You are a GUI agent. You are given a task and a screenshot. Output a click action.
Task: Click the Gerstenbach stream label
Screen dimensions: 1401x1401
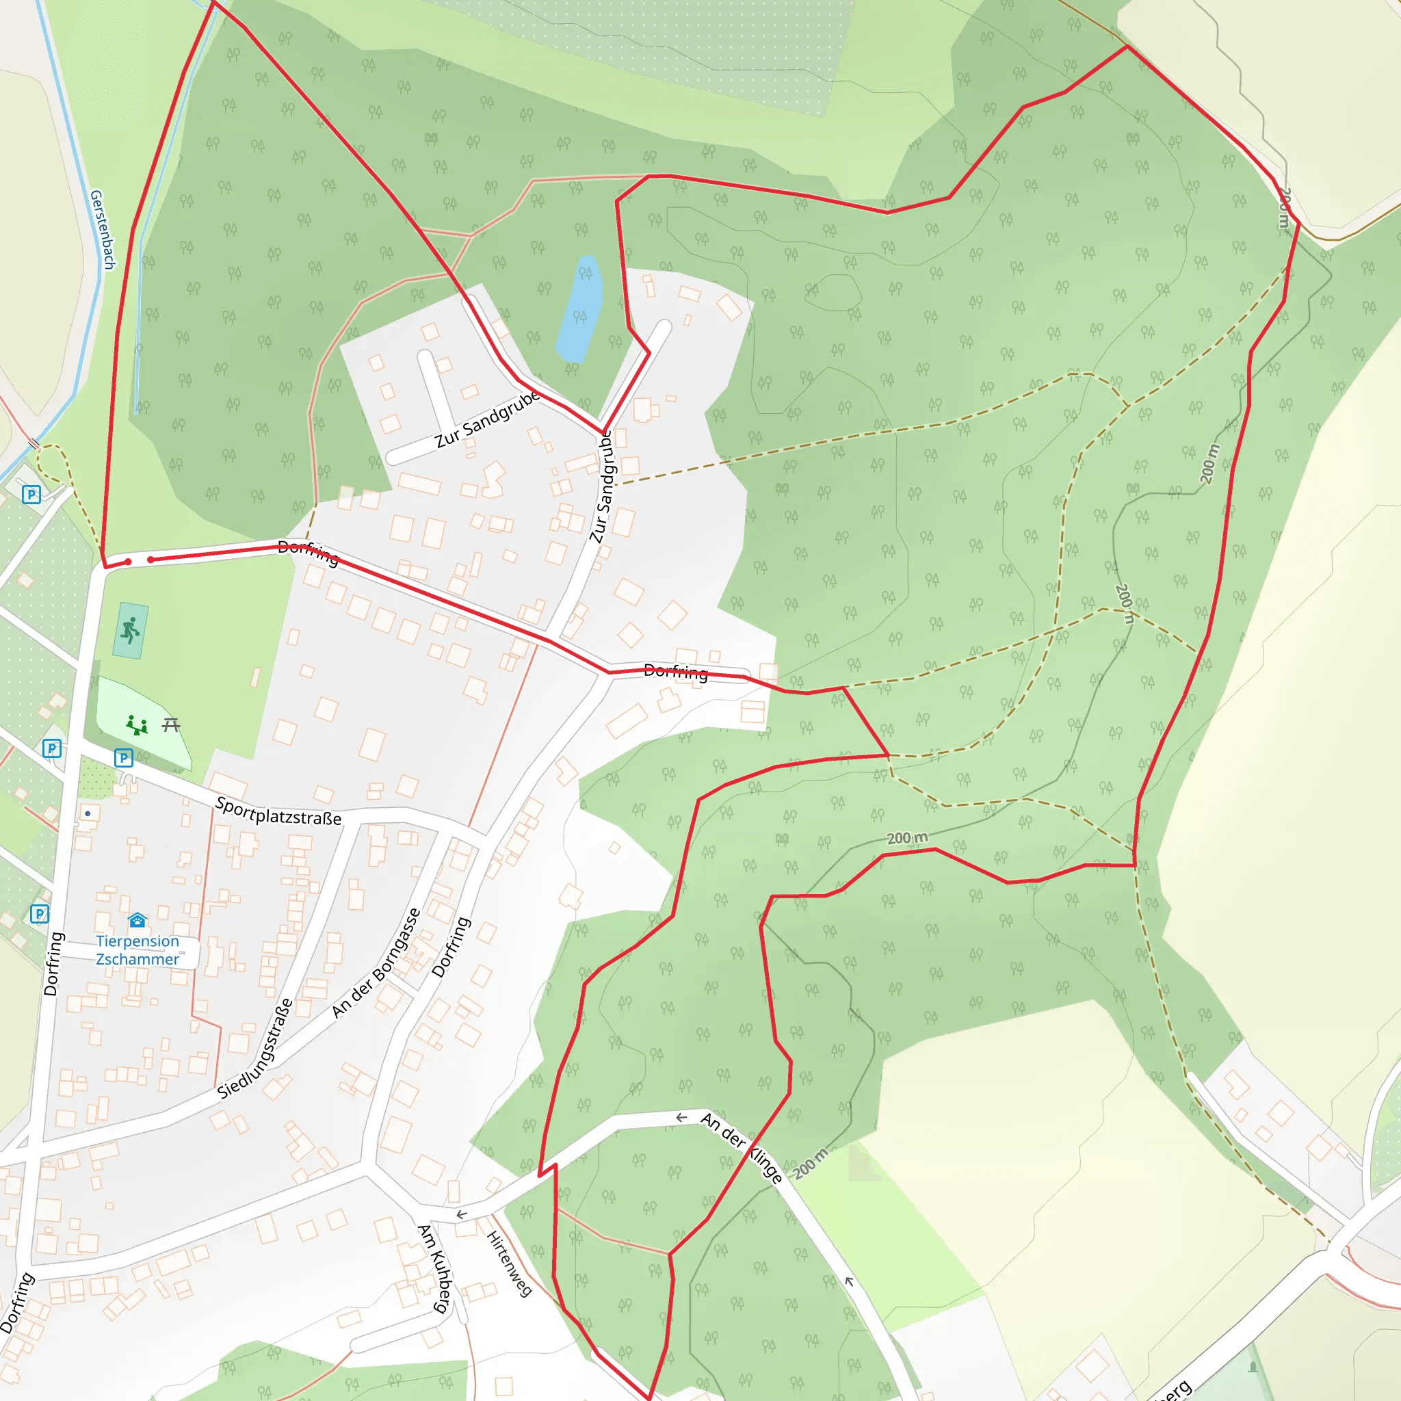point(102,229)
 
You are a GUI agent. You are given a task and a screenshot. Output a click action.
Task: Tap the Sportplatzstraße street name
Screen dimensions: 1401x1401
point(278,811)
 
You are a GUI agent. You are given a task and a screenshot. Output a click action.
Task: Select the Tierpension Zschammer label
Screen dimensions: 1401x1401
point(137,950)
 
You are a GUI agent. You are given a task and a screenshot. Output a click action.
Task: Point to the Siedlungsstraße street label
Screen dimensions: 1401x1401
point(255,1049)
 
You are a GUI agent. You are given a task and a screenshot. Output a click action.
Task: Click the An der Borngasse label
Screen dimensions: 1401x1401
point(376,963)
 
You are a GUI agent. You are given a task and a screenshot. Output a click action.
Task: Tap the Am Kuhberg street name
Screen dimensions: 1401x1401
point(435,1268)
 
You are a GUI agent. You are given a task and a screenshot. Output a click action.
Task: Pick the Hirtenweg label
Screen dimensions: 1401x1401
point(509,1263)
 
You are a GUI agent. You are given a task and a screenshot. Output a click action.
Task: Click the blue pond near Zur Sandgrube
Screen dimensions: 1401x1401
point(580,309)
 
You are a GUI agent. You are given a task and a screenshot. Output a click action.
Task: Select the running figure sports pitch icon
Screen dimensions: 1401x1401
point(131,631)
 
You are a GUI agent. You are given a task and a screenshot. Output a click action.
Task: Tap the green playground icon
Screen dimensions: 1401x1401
point(136,724)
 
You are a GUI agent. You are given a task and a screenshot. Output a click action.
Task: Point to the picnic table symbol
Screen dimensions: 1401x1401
point(171,724)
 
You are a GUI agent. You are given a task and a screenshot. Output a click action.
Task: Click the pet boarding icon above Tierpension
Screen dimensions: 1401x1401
point(137,921)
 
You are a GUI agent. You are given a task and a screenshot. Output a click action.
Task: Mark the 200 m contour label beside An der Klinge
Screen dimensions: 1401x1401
point(809,1164)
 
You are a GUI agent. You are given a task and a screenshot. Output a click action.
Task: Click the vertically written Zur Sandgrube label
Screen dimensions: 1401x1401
point(602,486)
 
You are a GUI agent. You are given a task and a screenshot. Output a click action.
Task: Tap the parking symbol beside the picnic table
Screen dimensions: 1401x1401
point(123,758)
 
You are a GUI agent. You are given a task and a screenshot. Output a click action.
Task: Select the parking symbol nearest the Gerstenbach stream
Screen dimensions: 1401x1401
point(31,495)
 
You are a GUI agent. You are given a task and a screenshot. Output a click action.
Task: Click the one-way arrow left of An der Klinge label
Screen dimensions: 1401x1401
point(681,1118)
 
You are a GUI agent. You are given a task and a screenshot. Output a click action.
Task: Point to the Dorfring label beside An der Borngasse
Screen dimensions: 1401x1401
point(451,946)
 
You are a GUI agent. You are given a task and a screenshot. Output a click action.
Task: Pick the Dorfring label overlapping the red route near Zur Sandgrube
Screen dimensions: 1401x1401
point(309,553)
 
